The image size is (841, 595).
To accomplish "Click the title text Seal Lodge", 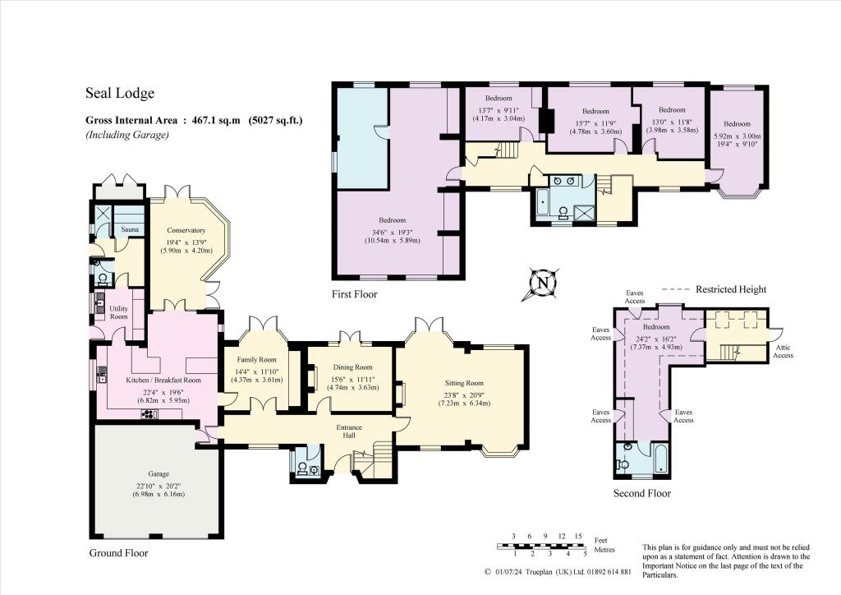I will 120,94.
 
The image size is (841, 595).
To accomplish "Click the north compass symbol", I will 542,284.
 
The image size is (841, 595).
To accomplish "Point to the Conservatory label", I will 185,230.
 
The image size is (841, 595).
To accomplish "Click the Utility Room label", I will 120,312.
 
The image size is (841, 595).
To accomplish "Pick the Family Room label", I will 256,360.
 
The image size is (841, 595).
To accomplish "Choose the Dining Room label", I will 352,367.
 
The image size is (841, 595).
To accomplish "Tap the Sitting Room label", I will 463,383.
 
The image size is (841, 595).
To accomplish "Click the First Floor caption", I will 356,293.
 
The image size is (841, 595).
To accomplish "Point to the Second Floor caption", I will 641,493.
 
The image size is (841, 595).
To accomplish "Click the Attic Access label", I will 784,351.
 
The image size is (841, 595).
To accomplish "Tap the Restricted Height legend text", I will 731,289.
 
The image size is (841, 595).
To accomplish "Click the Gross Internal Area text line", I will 195,120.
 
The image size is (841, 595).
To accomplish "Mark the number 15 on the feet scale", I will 578,536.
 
